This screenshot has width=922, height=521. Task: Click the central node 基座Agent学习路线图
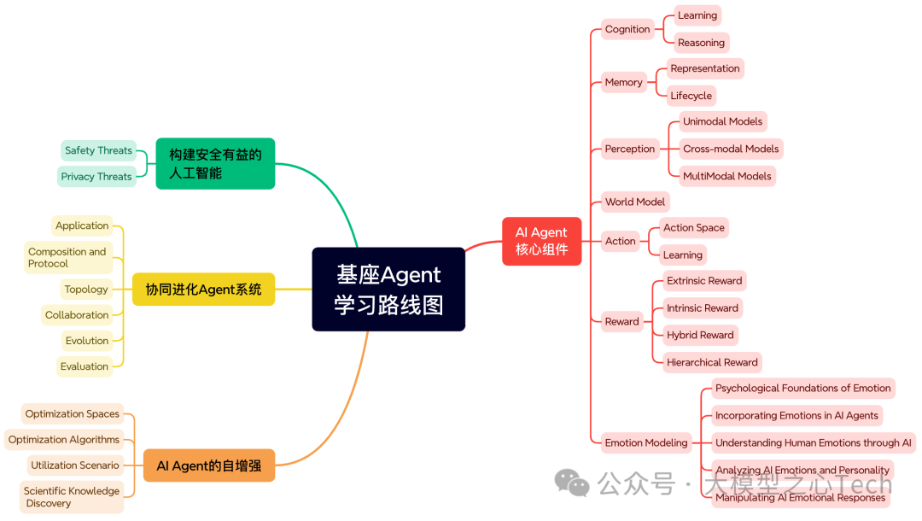(x=388, y=289)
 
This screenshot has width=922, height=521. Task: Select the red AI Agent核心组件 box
(x=541, y=241)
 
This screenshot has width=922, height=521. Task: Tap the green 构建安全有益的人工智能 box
(x=215, y=163)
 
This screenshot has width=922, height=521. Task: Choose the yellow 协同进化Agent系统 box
(x=203, y=290)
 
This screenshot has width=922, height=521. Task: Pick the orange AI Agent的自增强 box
(x=208, y=465)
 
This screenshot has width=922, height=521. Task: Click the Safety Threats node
(x=98, y=150)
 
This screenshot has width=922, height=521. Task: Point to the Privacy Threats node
(x=96, y=177)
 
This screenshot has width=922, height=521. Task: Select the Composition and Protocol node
(x=67, y=257)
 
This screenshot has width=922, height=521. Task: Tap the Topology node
(x=86, y=289)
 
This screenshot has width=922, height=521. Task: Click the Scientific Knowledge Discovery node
(x=72, y=497)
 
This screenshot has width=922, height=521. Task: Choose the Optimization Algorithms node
(x=64, y=440)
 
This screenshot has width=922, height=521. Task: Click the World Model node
(x=634, y=202)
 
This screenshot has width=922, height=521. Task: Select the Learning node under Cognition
(x=697, y=15)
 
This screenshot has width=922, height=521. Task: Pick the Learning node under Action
(x=682, y=255)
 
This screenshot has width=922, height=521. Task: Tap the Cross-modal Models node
(x=731, y=149)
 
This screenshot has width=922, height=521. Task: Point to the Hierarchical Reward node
(x=712, y=362)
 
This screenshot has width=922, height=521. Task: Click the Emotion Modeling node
(x=645, y=442)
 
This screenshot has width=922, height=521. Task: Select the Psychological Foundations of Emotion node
(x=802, y=388)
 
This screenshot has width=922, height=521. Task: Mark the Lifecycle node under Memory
(x=691, y=96)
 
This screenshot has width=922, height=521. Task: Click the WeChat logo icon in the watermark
(x=571, y=483)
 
